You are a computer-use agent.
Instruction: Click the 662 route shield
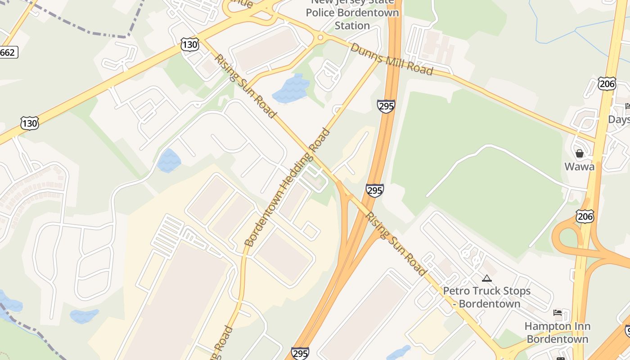point(7,52)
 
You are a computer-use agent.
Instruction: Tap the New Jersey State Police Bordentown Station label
point(352,13)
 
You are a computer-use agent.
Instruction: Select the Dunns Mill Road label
point(391,59)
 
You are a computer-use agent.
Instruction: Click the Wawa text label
point(580,166)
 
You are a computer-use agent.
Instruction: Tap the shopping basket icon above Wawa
point(580,153)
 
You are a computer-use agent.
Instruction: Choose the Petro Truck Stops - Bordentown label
point(487,297)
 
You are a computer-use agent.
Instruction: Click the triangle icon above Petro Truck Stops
point(486,279)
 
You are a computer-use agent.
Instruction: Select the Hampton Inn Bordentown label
point(558,332)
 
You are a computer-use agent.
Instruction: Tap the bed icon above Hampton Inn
point(558,313)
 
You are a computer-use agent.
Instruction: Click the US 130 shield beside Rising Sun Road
point(190,44)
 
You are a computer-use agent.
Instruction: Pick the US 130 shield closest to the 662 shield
point(29,123)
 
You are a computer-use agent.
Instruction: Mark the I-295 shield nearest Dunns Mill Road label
point(386,106)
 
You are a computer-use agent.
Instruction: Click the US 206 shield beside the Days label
point(607,83)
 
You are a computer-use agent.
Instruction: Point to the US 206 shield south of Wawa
point(585,216)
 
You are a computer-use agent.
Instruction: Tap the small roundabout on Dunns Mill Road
point(320,37)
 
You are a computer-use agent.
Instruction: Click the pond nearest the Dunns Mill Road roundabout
point(291,89)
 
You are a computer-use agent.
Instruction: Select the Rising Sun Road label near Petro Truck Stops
point(395,243)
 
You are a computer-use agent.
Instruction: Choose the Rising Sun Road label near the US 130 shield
point(245,86)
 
